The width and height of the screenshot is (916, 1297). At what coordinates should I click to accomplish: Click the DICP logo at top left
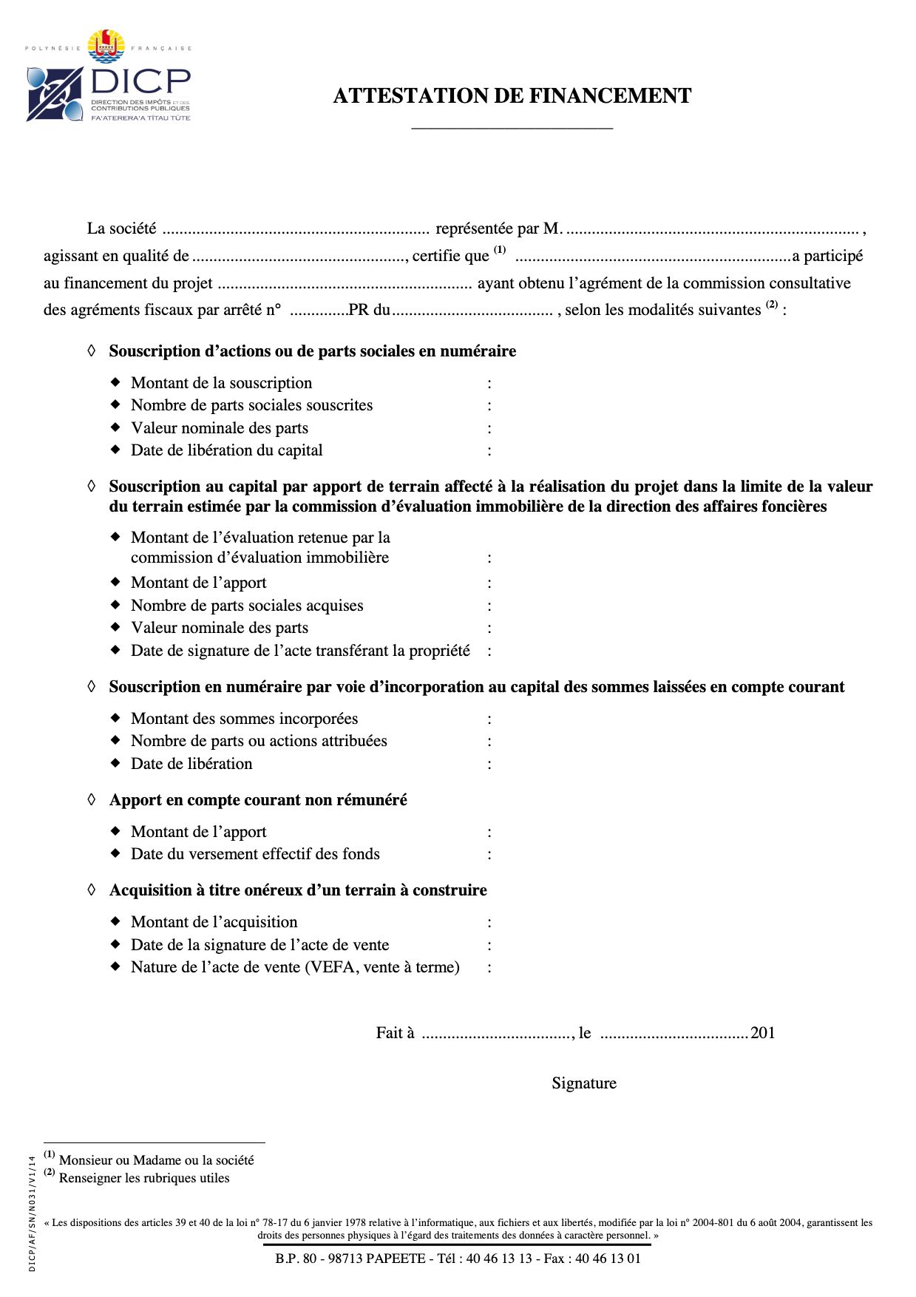pos(109,78)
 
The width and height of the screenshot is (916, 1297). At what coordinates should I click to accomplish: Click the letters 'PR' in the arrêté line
pos(359,311)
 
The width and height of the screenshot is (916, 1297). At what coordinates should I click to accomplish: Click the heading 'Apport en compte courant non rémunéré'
pos(258,800)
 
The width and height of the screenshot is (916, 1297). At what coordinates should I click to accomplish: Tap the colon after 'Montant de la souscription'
pos(489,384)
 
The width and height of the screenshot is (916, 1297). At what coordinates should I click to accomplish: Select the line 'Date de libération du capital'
pos(226,450)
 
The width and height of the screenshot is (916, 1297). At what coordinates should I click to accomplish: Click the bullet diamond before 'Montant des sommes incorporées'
pos(115,718)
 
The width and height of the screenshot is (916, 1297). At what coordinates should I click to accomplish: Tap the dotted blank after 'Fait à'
pos(496,1034)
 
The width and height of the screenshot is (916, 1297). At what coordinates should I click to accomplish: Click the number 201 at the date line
pos(763,1033)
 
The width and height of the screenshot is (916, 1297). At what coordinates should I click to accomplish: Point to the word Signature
pos(583,1083)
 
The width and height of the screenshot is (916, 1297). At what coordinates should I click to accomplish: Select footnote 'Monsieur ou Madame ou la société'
pos(156,1160)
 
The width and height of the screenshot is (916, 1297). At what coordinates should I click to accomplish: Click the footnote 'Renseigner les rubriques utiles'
pos(144,1178)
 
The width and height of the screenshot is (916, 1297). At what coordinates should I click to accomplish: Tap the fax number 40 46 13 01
pos(608,1259)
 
